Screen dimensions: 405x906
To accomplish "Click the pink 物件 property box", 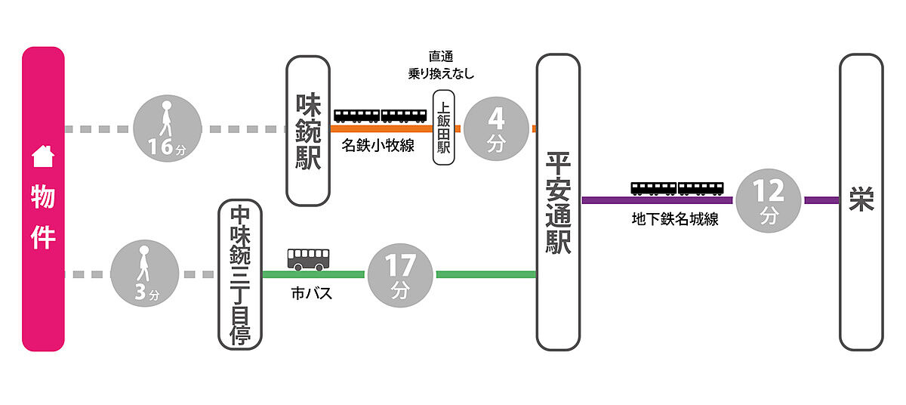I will coord(43,199).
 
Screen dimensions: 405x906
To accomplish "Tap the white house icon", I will coord(43,156).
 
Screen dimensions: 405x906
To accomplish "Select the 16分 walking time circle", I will coord(167,129).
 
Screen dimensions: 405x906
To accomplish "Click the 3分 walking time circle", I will coord(145,274).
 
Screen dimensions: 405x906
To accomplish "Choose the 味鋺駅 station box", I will coord(309,130).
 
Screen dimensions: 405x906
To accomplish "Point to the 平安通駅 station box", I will coord(558,202).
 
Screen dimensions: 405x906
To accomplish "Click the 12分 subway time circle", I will coord(769,200).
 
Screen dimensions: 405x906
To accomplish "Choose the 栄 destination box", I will coord(861,202).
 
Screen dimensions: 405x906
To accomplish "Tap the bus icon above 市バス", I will coord(307,259).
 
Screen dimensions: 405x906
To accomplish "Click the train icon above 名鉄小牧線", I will coord(380,115).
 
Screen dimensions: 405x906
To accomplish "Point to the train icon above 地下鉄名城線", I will coord(677,188).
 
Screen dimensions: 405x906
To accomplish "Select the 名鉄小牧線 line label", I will coord(377,146).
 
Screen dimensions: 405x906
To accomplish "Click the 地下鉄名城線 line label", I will coord(675,220).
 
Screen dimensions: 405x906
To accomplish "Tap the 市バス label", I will coord(311,293).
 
